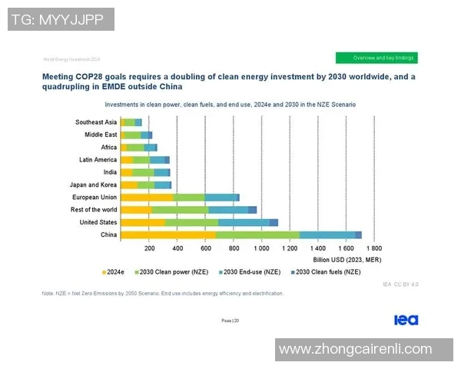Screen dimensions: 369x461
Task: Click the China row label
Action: [x=108, y=234]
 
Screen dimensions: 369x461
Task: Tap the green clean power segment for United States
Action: [x=191, y=222]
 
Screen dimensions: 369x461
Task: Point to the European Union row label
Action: [x=95, y=197]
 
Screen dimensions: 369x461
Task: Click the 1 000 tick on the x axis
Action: [x=261, y=249]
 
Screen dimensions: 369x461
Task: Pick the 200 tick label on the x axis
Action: [x=150, y=249]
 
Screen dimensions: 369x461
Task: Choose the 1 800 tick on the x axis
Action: [x=373, y=249]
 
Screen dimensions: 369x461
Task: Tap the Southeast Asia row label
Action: [x=96, y=122]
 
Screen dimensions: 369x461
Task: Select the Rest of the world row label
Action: [x=94, y=209]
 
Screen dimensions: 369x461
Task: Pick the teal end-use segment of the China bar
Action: [x=327, y=234]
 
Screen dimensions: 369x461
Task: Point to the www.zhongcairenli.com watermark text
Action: [x=356, y=349]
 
